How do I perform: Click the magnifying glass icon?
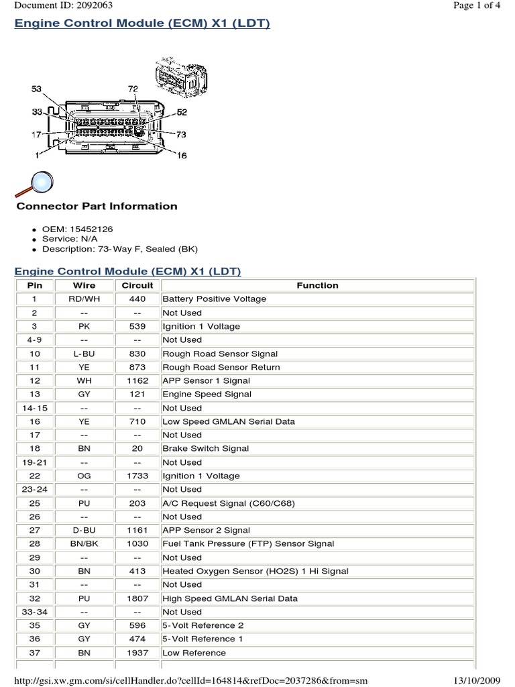coord(35,182)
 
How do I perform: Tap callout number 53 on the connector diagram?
coord(37,89)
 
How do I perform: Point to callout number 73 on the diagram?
coord(181,135)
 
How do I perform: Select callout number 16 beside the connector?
coord(182,156)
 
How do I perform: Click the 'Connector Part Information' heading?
coord(97,206)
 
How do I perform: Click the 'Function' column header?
coord(317,285)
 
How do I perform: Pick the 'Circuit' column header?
coord(137,285)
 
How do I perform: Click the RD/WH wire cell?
coord(84,299)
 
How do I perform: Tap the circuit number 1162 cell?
coord(137,380)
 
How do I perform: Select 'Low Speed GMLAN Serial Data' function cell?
coord(229,421)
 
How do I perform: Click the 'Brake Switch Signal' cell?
coord(205,448)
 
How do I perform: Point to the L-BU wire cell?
coord(84,354)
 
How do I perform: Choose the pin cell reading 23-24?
coord(34,489)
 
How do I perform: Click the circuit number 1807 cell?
coord(137,598)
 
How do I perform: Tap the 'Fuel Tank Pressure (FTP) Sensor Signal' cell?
coord(248,543)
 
